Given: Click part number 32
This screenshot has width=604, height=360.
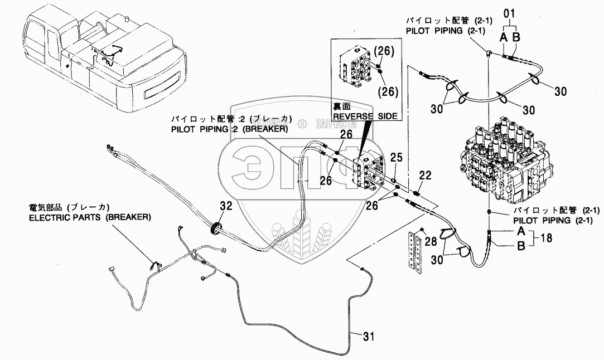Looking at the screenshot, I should tap(225, 206).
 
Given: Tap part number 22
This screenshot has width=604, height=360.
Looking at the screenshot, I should tap(425, 176).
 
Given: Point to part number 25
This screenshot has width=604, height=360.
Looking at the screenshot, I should tap(396, 159).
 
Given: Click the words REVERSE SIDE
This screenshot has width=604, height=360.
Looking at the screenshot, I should tap(365, 116).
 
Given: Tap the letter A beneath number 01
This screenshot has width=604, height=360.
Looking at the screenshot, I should tap(502, 37).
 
